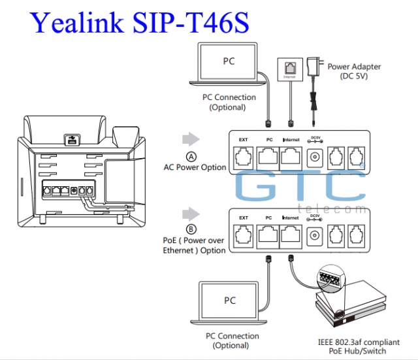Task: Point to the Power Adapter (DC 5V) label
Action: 354,71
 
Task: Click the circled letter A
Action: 191,157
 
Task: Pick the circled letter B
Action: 191,229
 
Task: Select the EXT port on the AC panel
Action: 244,157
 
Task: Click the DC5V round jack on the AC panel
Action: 315,157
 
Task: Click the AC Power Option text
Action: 195,167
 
